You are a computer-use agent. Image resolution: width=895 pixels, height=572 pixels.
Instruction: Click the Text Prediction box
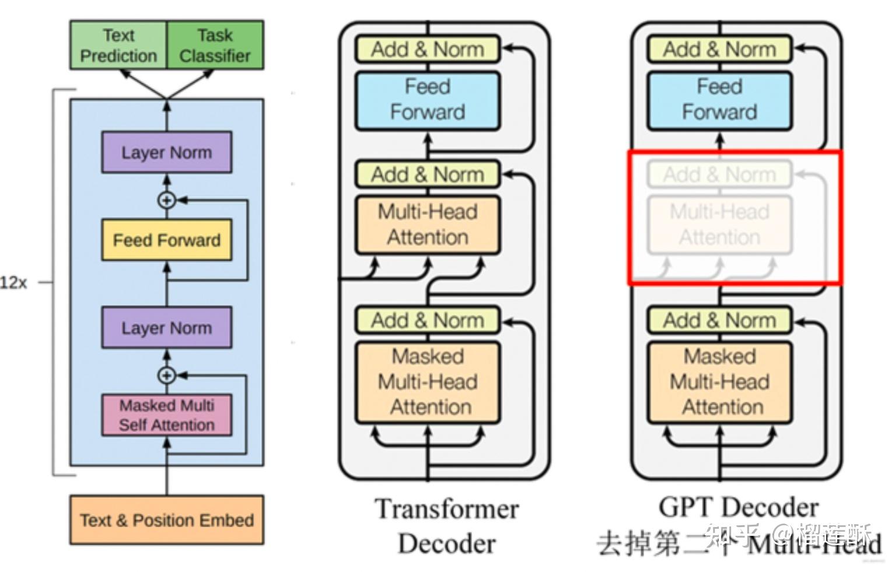click(x=118, y=46)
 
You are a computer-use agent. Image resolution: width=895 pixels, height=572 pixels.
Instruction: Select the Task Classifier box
click(x=215, y=46)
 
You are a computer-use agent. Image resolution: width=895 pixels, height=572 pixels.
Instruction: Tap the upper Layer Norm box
click(x=166, y=152)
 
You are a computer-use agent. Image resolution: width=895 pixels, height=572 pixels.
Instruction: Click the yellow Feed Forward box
click(x=166, y=240)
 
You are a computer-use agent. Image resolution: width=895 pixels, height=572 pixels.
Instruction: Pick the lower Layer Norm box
click(x=166, y=327)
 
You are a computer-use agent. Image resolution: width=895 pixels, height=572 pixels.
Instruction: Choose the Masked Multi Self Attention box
click(x=166, y=415)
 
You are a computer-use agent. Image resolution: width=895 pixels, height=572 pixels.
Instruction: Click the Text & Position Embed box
click(x=166, y=520)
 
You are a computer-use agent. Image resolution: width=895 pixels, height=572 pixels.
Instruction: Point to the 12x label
click(x=13, y=283)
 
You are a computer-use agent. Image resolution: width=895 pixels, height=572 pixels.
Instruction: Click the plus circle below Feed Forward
click(x=167, y=375)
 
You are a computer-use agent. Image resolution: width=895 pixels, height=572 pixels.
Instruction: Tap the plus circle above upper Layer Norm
click(x=167, y=200)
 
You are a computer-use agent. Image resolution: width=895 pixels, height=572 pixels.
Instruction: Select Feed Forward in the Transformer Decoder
click(x=428, y=100)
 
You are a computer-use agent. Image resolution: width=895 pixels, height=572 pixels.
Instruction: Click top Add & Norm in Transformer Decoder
click(x=428, y=50)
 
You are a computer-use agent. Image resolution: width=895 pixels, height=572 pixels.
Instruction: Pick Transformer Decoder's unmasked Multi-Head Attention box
click(x=428, y=225)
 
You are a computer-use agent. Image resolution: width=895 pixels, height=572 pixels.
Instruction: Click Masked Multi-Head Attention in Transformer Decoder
click(x=428, y=382)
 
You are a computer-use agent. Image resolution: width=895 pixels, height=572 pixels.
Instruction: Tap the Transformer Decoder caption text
click(x=446, y=526)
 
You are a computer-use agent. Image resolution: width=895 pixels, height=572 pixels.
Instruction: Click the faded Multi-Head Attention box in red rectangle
click(x=719, y=225)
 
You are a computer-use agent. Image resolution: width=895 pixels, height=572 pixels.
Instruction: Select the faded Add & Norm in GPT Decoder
click(x=719, y=175)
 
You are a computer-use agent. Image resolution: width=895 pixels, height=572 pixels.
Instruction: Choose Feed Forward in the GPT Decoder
click(x=719, y=100)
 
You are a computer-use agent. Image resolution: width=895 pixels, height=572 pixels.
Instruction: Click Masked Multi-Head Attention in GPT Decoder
click(x=719, y=382)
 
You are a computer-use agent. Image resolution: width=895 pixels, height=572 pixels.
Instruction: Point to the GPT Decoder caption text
click(x=738, y=508)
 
